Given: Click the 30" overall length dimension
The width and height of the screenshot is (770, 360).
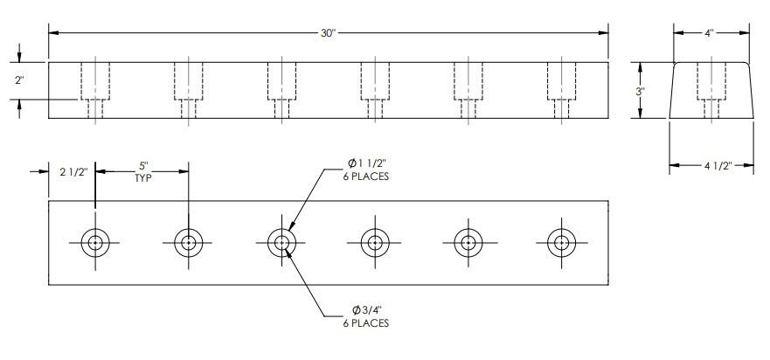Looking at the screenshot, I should (x=329, y=33).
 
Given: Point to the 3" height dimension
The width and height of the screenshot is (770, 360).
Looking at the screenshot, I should (x=641, y=90).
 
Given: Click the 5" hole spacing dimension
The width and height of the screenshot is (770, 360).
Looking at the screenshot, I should (x=142, y=164).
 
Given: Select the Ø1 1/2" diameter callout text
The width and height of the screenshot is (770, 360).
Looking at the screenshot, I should (x=368, y=163).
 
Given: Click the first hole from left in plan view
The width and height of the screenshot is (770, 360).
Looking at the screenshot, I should (x=94, y=242).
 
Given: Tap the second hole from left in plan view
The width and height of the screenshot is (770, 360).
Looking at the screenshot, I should (x=188, y=242).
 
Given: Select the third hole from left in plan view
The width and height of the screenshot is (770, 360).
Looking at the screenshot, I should (x=281, y=242).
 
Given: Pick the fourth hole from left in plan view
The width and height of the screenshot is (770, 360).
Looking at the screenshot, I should (x=374, y=242).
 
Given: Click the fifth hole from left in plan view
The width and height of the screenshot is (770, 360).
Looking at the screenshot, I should (x=468, y=242).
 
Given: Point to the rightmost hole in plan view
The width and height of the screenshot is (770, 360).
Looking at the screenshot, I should (x=560, y=242).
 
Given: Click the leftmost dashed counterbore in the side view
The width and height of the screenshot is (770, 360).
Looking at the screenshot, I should (x=94, y=80).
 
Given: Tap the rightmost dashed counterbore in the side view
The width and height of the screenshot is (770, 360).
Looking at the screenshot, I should (x=560, y=80).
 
